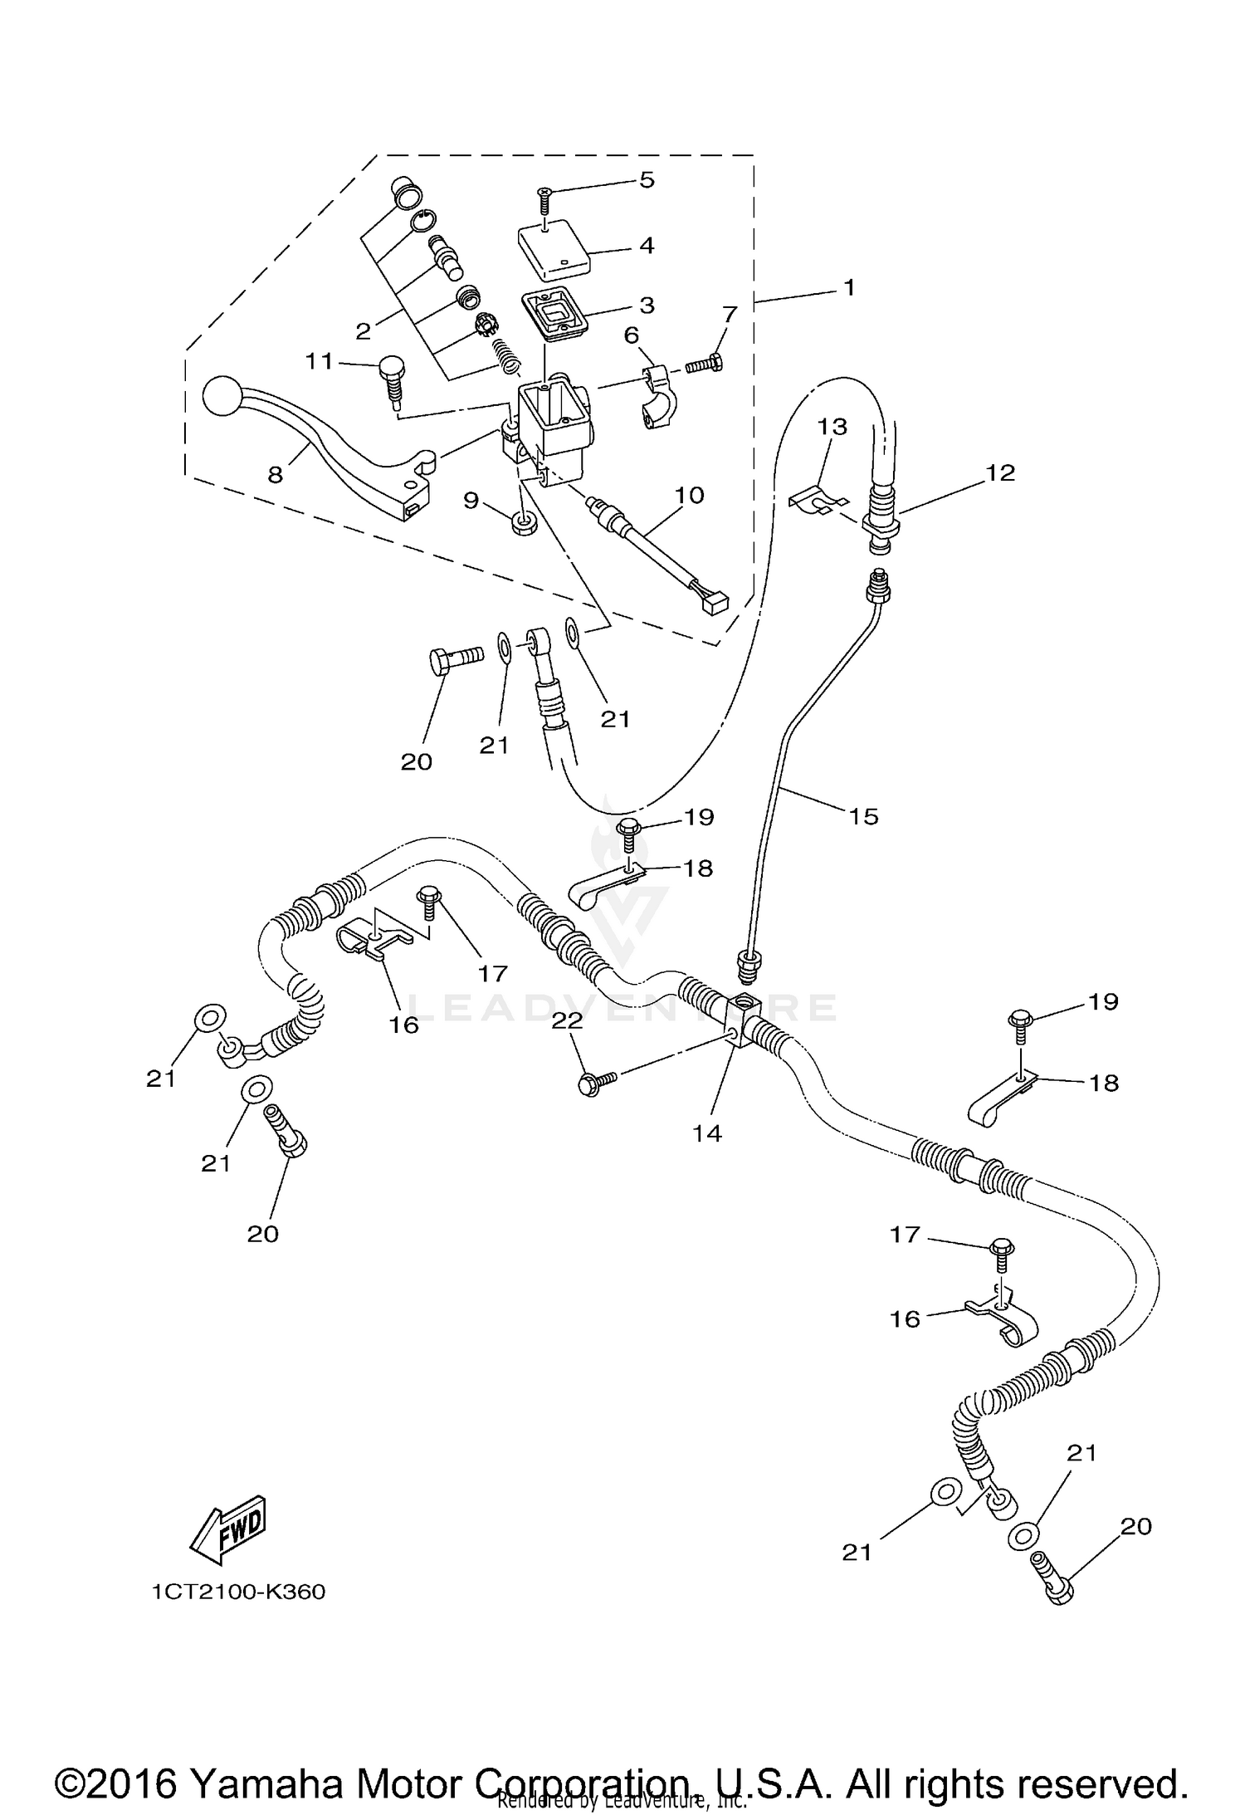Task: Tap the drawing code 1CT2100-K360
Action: tap(238, 1592)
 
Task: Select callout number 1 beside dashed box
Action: tap(847, 288)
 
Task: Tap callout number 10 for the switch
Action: tap(689, 495)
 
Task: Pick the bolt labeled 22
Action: tap(595, 1083)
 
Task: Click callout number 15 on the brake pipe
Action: tap(863, 816)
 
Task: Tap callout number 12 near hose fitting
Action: tap(1000, 472)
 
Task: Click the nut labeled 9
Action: tap(524, 523)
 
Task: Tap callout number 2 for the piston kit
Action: tap(363, 331)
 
